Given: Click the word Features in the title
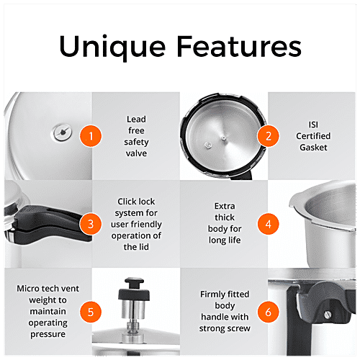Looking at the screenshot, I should [x=240, y=47].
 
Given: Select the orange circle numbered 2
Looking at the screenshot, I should [x=268, y=135].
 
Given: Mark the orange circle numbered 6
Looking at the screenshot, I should [x=268, y=312].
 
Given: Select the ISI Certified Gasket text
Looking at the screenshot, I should [x=312, y=135].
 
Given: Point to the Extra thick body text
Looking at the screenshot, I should [x=224, y=223].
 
